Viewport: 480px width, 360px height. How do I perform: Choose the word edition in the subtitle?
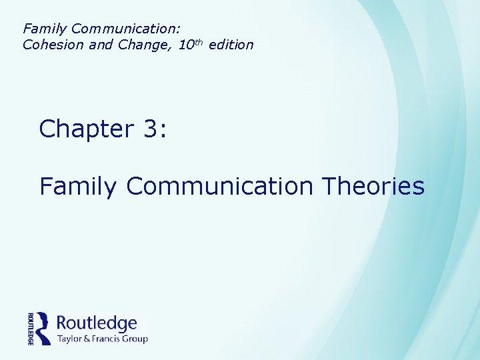point(231,45)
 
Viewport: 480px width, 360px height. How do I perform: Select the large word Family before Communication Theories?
point(78,186)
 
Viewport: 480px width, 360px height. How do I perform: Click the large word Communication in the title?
point(219,186)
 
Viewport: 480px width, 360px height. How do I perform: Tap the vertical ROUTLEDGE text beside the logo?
point(31,328)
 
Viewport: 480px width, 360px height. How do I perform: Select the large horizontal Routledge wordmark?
point(97,323)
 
